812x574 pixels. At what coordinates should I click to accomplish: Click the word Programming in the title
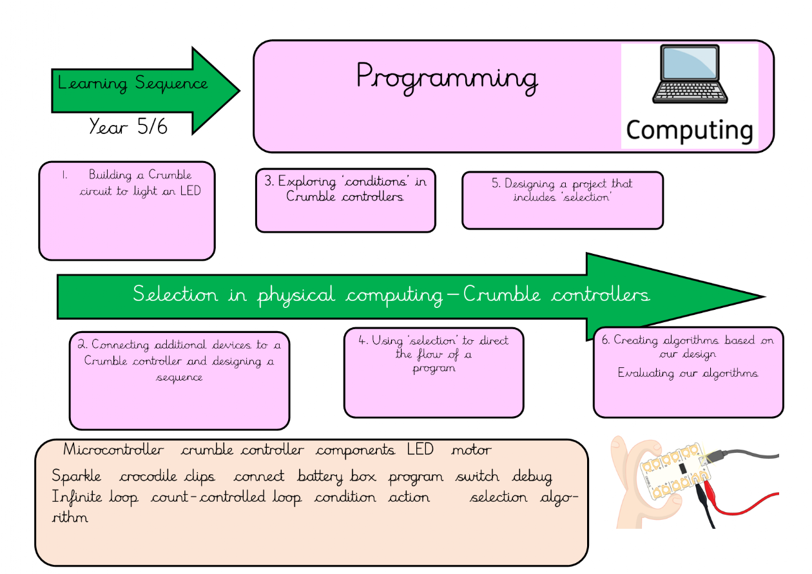(x=447, y=78)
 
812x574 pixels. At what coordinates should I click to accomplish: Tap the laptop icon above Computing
(x=689, y=76)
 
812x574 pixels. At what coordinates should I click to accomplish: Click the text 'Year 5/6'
(x=128, y=126)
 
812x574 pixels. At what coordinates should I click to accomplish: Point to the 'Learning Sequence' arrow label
(x=133, y=83)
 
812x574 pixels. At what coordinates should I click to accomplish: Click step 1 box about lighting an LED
(x=127, y=210)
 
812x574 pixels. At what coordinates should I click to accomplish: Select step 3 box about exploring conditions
(x=345, y=200)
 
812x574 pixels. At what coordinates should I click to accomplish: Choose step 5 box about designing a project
(x=562, y=200)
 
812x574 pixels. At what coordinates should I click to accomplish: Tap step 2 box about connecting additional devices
(x=179, y=380)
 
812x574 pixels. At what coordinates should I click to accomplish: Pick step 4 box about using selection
(x=433, y=372)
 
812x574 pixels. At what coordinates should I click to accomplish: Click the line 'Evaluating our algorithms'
(x=688, y=373)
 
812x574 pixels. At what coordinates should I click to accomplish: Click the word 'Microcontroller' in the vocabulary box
(x=114, y=450)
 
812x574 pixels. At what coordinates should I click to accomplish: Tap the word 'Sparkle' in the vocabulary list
(x=77, y=477)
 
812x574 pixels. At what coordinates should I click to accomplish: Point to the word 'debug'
(x=532, y=477)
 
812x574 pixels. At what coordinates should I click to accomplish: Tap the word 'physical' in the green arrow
(x=296, y=295)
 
